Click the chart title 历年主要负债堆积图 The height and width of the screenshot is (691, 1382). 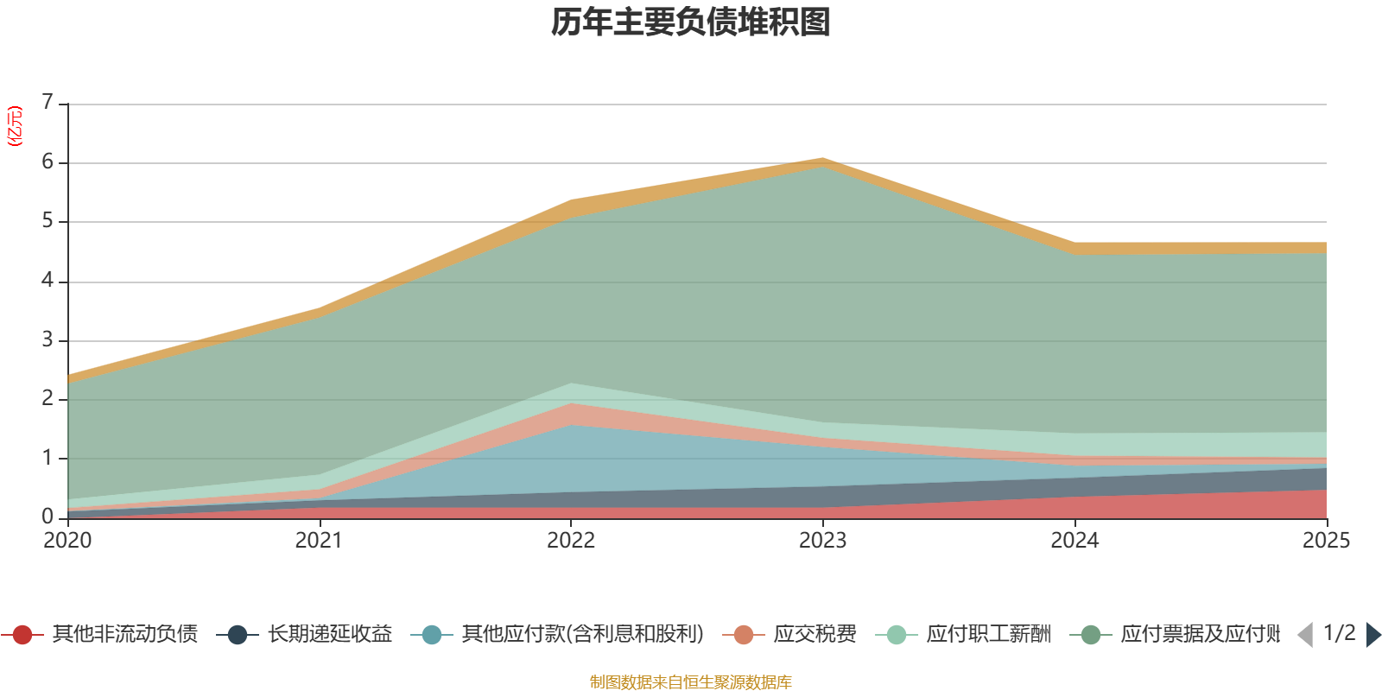(x=691, y=22)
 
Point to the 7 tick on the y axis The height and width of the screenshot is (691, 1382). (x=48, y=103)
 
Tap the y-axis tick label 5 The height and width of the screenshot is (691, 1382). (x=48, y=221)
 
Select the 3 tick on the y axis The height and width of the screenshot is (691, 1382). (x=48, y=340)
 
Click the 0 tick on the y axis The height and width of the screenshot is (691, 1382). (x=48, y=517)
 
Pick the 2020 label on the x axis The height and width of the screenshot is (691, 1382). (x=67, y=541)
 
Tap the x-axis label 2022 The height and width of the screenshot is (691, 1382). (x=571, y=541)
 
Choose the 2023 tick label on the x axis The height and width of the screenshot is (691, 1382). (x=822, y=541)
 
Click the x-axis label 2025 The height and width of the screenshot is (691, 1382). (x=1325, y=541)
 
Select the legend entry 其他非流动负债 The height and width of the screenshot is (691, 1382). (x=124, y=635)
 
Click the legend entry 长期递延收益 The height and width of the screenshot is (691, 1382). (x=329, y=635)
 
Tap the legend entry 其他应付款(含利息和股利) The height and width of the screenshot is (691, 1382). (x=582, y=635)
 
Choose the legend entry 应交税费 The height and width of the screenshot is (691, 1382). (x=815, y=635)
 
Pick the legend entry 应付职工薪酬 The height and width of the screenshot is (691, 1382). (x=988, y=635)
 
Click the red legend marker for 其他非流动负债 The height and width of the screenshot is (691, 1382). (x=22, y=635)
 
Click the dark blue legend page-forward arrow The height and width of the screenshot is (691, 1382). (x=1372, y=635)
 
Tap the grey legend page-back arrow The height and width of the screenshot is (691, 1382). (x=1305, y=635)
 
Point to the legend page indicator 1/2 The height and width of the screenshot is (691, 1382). (x=1339, y=633)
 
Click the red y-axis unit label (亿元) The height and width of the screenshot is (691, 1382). (x=15, y=126)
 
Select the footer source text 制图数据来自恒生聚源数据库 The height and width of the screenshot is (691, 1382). (x=691, y=682)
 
